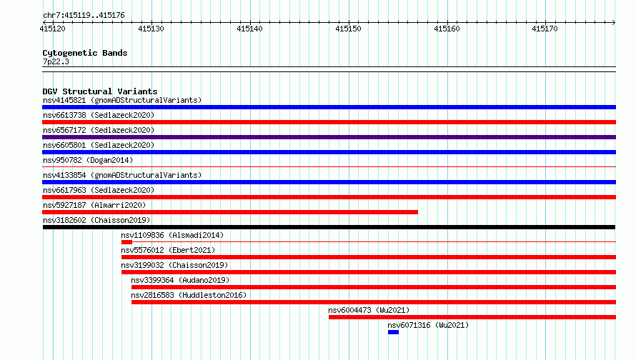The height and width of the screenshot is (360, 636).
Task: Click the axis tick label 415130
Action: pyautogui.click(x=151, y=29)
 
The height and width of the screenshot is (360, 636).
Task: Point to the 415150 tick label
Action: pyautogui.click(x=348, y=29)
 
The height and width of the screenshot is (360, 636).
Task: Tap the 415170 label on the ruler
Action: pyautogui.click(x=545, y=29)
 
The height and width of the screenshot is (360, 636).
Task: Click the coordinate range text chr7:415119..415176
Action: pyautogui.click(x=84, y=16)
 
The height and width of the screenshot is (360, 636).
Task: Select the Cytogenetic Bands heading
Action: pyautogui.click(x=85, y=53)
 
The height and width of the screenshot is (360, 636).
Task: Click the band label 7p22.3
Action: pyautogui.click(x=56, y=61)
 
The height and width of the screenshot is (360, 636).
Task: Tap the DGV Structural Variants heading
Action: pyautogui.click(x=100, y=91)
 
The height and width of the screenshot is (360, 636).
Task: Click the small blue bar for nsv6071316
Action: pyautogui.click(x=393, y=332)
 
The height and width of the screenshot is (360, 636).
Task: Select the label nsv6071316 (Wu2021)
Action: pyautogui.click(x=428, y=325)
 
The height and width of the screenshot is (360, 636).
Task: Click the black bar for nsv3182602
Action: pyautogui.click(x=329, y=227)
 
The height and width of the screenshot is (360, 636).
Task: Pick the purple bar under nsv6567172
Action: pyautogui.click(x=329, y=137)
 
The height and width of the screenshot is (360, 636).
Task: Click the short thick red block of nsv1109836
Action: pyautogui.click(x=126, y=242)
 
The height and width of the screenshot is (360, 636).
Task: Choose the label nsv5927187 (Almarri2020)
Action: pyautogui.click(x=94, y=205)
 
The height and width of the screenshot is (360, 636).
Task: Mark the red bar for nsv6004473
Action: pyautogui.click(x=472, y=317)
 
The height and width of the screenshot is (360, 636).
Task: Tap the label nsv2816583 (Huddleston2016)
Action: pyautogui.click(x=189, y=295)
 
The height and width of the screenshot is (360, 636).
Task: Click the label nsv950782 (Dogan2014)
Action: pyautogui.click(x=88, y=160)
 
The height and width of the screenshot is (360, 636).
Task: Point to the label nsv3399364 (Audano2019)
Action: pyautogui.click(x=180, y=280)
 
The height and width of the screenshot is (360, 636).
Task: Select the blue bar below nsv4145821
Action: pyautogui.click(x=329, y=107)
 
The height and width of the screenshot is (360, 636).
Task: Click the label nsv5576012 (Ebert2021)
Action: pyautogui.click(x=168, y=250)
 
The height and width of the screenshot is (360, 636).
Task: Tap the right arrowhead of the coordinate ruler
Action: pyautogui.click(x=614, y=22)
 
